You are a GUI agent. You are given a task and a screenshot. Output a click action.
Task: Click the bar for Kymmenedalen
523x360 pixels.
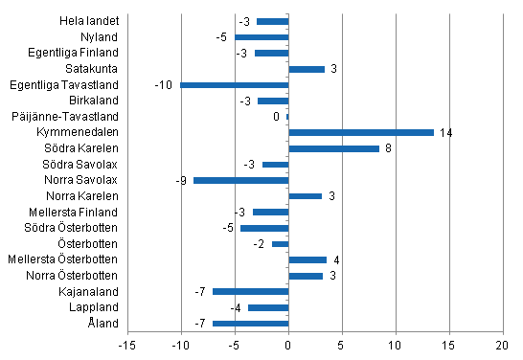point(361,132)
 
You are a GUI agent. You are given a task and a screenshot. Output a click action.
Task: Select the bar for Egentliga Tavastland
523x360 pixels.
point(235,85)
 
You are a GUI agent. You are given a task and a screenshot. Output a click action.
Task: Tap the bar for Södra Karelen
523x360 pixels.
point(334,148)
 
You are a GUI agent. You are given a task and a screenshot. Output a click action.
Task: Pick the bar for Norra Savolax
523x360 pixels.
point(240,180)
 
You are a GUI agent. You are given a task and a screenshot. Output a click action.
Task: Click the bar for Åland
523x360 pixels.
point(250,324)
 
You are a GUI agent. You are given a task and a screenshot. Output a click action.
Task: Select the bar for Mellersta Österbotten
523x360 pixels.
point(307,259)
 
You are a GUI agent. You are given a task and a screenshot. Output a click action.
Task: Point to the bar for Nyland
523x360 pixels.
point(261,37)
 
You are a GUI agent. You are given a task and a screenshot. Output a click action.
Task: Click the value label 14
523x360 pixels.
point(445,132)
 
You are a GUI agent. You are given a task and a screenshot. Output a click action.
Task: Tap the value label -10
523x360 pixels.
point(163,85)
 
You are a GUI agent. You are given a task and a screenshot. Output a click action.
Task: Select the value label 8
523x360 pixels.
point(388,148)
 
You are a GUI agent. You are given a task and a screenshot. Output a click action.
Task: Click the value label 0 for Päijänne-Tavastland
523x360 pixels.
point(276,117)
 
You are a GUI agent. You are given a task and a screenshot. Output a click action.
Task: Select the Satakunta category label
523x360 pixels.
point(93,69)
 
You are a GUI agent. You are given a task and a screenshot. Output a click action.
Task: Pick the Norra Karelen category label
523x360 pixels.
point(87,196)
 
